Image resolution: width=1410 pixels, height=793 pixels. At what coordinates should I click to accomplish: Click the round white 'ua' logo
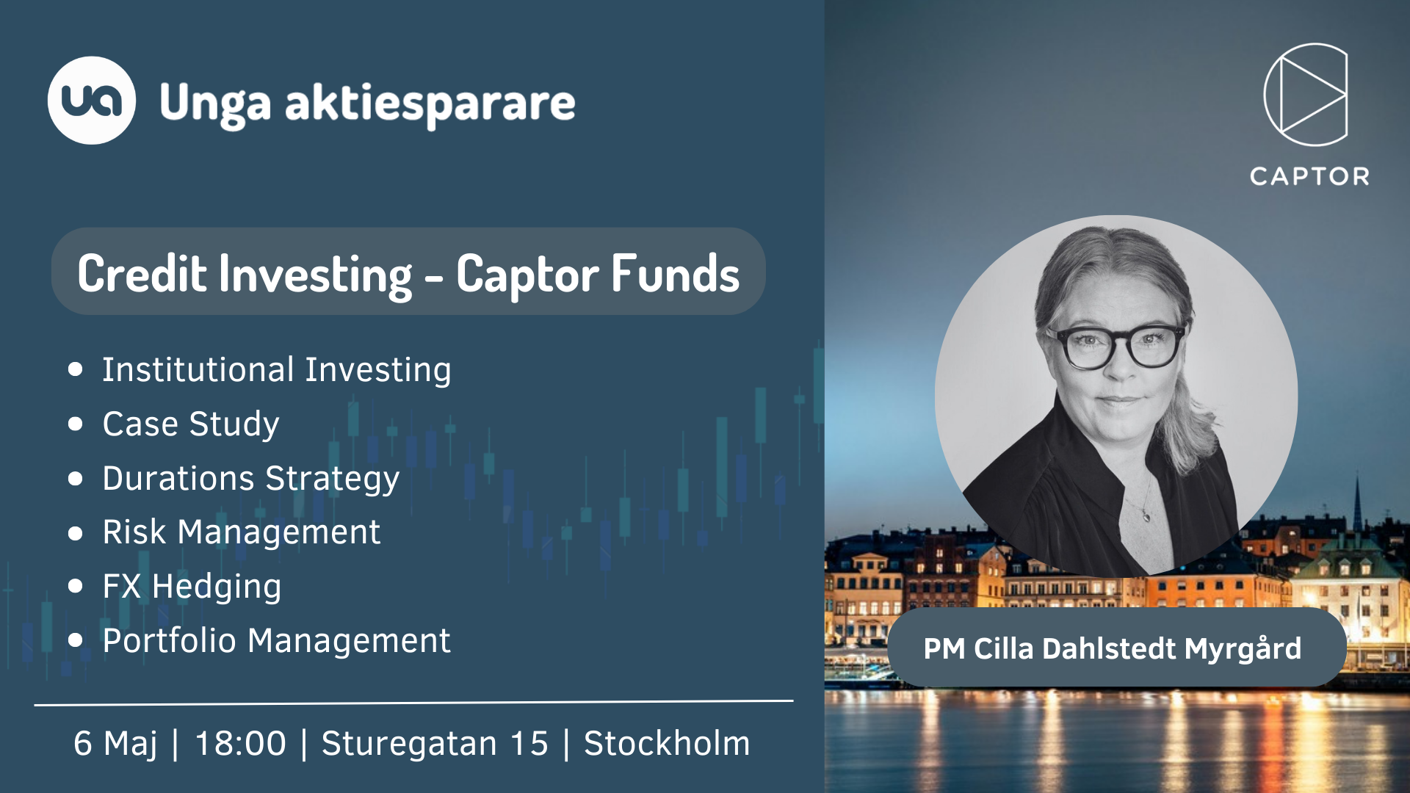pos(92,101)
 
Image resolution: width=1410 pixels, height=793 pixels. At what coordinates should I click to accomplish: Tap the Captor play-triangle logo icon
pos(1306,95)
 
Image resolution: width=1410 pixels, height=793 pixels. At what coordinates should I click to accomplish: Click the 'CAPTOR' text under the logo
pos(1309,176)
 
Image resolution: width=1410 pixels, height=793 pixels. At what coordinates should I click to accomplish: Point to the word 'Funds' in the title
pos(675,273)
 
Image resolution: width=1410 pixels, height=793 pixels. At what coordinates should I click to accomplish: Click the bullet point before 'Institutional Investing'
pos(75,369)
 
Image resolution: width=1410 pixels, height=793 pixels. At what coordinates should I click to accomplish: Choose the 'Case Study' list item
pos(191,424)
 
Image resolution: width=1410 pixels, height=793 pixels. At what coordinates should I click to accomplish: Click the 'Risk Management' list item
pos(242,532)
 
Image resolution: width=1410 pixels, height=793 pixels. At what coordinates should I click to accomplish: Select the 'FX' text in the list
pos(122,587)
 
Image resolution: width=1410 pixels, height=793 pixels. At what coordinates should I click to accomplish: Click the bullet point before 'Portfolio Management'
pos(75,640)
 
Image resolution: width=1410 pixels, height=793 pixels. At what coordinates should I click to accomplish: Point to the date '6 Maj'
pos(115,744)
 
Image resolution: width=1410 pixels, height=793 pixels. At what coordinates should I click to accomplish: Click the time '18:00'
pos(240,744)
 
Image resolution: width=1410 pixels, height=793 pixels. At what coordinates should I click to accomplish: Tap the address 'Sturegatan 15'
pos(435,744)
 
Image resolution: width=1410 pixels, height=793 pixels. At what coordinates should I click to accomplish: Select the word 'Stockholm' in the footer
pos(667,744)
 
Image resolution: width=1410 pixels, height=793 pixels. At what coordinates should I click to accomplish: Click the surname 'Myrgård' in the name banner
pos(1243,649)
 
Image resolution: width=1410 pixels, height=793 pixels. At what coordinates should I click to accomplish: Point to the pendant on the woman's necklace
pos(1146,516)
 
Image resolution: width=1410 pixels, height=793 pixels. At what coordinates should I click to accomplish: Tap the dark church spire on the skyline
pos(1357,503)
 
